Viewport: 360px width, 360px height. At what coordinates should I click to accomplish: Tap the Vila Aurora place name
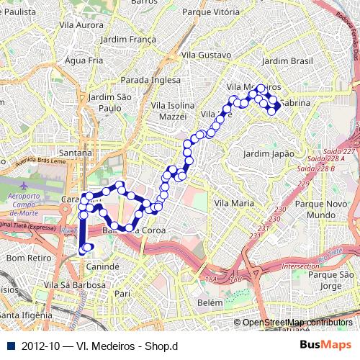click(83, 25)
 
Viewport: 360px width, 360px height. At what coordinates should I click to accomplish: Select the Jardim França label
click(128, 40)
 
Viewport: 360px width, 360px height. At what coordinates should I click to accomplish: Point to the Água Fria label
click(84, 60)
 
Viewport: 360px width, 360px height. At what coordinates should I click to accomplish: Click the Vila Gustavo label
click(207, 55)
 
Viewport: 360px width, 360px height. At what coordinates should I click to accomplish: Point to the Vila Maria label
click(234, 204)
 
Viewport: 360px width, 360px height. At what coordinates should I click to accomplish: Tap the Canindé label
click(102, 266)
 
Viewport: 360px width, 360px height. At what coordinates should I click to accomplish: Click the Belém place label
click(210, 303)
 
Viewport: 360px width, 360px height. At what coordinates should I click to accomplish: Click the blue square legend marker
click(8, 346)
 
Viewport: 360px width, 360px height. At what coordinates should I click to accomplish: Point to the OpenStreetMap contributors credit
click(297, 323)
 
